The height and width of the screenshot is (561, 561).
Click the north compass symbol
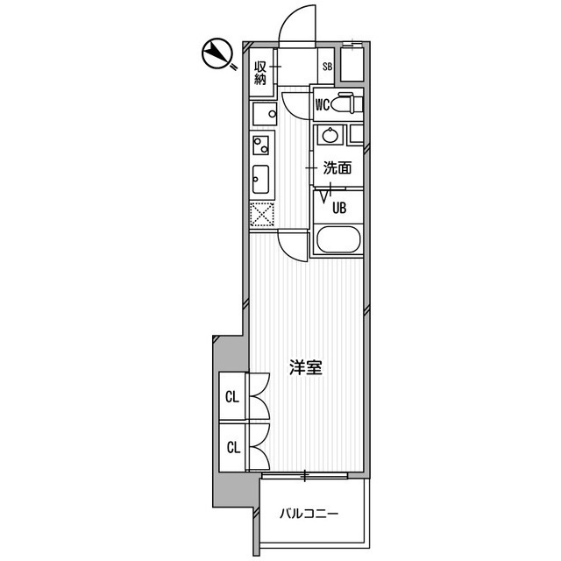pos(216,55)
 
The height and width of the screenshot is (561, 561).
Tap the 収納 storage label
pos(260,72)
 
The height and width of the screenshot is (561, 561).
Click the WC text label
pos(322,105)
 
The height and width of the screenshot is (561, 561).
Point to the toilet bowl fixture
pos(348,105)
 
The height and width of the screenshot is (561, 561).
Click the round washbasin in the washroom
pos(330,135)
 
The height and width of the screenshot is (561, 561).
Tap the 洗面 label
pos(337,167)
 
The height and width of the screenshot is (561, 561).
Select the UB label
pos(337,208)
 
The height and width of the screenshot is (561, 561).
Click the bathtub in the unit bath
pos(337,241)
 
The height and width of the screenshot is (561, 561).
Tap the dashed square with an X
pos(260,214)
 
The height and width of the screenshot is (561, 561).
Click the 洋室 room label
pos(306,367)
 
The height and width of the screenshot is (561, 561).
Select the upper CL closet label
pos(232,397)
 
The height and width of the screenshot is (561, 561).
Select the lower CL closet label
pos(232,447)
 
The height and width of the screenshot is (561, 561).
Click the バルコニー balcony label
pos(309,514)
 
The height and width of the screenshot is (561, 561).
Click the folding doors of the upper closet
pos(259,397)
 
